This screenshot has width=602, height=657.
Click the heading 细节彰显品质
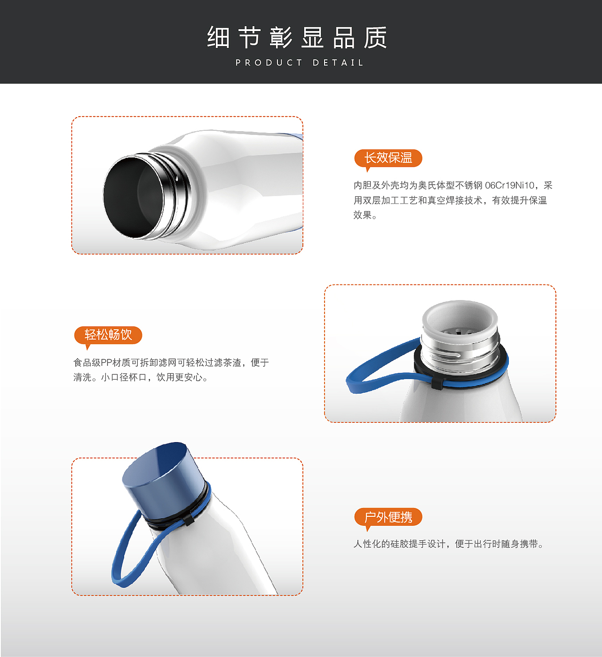click(x=297, y=37)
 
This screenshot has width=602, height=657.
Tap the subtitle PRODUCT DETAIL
click(x=300, y=63)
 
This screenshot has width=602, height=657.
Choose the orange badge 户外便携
click(x=388, y=518)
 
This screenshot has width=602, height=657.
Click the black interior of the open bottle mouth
click(x=133, y=197)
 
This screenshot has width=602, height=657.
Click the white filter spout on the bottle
click(x=460, y=319)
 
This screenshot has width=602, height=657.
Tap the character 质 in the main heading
click(x=376, y=37)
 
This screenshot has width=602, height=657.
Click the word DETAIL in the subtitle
click(x=338, y=63)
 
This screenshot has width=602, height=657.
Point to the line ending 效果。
click(x=365, y=215)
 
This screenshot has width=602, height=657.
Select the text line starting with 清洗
click(x=141, y=378)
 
